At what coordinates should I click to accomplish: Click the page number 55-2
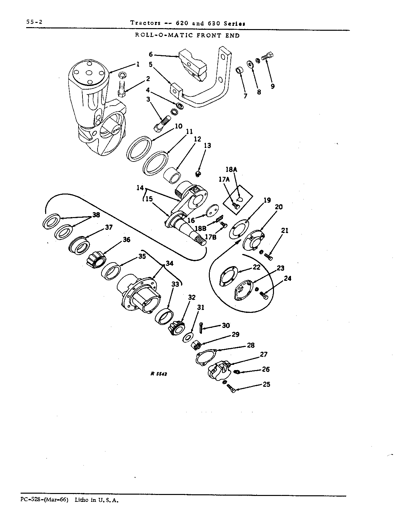(x=34, y=22)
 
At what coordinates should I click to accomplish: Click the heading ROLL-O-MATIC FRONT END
(x=187, y=36)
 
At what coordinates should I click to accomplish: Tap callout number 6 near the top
(x=151, y=54)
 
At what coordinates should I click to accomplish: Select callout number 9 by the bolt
(x=272, y=86)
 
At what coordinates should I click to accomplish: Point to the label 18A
(x=231, y=169)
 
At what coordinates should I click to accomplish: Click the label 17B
(x=210, y=237)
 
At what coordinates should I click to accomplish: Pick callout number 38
(x=96, y=215)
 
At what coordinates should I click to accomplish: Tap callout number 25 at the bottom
(x=266, y=384)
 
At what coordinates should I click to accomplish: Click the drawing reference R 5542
(x=159, y=374)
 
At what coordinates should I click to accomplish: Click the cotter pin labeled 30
(x=201, y=328)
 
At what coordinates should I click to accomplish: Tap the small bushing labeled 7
(x=239, y=71)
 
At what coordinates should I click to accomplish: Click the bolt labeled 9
(x=267, y=57)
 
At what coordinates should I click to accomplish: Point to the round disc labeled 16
(x=212, y=211)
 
